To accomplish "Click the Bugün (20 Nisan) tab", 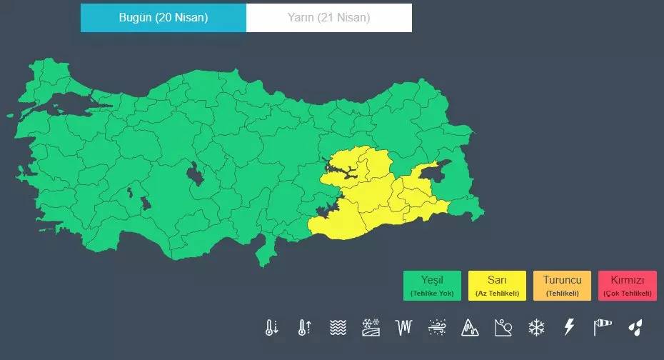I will (x=164, y=18).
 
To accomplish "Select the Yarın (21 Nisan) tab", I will (x=329, y=18).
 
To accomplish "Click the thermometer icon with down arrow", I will (x=271, y=328).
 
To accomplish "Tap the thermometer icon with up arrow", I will (x=304, y=328).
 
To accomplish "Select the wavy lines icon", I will (x=338, y=328).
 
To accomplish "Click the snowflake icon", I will (x=535, y=328).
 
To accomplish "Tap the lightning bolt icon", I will (x=569, y=328).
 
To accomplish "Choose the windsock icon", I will (x=602, y=328).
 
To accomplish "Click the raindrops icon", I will (x=635, y=328).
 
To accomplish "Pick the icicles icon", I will (x=404, y=328).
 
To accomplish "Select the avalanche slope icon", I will (x=503, y=328).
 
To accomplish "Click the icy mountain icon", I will (x=470, y=328).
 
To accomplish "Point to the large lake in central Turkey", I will (x=193, y=174).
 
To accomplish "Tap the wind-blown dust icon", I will (x=437, y=328).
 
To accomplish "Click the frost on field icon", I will (x=371, y=328).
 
